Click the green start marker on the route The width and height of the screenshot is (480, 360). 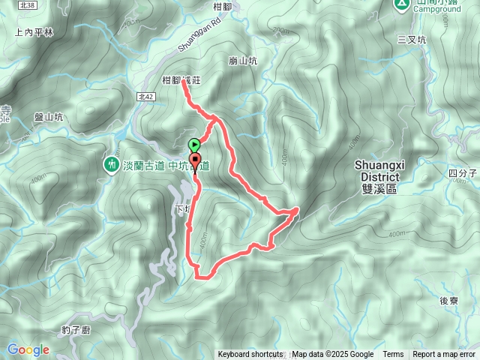(194, 144)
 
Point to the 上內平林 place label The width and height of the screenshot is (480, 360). (34, 32)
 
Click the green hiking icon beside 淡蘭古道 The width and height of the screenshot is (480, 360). (111, 163)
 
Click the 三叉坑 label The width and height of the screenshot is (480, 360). (412, 39)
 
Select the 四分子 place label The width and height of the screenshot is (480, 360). (463, 173)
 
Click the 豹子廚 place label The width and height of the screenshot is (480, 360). (76, 330)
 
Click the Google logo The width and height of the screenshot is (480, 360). (28, 349)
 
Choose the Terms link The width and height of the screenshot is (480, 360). (393, 355)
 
